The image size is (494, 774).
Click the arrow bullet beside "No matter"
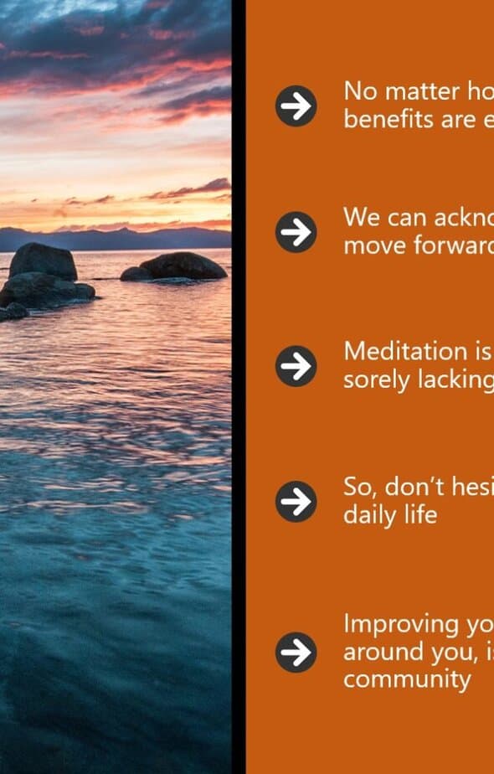296,106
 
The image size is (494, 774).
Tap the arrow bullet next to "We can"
296,232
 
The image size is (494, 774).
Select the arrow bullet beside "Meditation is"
296,366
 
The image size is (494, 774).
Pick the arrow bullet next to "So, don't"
296,501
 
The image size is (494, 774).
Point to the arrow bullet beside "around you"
296,652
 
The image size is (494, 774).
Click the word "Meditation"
405,351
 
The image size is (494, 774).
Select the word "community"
408,679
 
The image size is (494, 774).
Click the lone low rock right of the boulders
173,266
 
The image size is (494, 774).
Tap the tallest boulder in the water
44,261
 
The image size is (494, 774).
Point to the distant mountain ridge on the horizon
116,239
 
